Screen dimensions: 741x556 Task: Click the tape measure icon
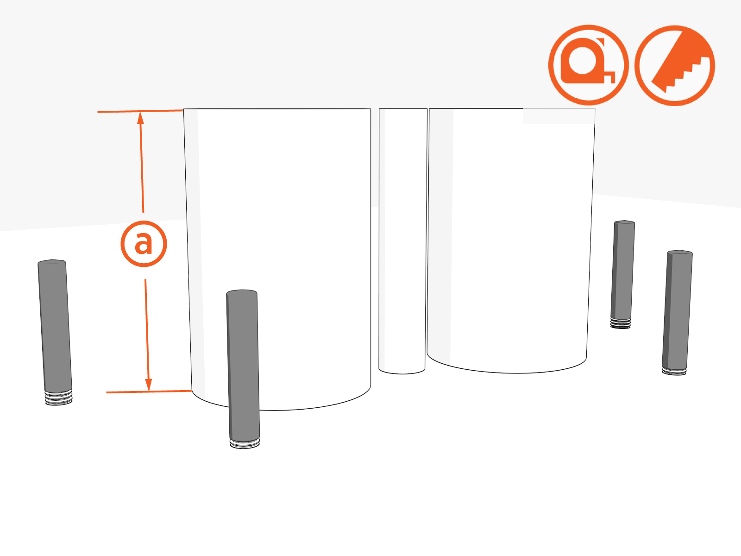pyautogui.click(x=589, y=65)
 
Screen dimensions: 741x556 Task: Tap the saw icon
pyautogui.click(x=675, y=65)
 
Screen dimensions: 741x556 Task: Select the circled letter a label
pyautogui.click(x=144, y=244)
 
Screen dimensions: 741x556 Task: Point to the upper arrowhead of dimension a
pyautogui.click(x=140, y=118)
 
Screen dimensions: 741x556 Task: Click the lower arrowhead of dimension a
pyautogui.click(x=149, y=385)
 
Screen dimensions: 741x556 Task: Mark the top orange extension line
pyautogui.click(x=140, y=111)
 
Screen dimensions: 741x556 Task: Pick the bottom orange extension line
pyautogui.click(x=149, y=392)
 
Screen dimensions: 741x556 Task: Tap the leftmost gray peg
pyautogui.click(x=55, y=333)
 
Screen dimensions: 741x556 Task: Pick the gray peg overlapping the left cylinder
pyautogui.click(x=243, y=369)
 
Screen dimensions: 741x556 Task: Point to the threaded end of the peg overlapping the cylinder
pyautogui.click(x=245, y=444)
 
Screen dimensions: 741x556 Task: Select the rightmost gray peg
pyautogui.click(x=677, y=313)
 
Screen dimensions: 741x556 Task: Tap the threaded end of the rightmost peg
pyautogui.click(x=674, y=372)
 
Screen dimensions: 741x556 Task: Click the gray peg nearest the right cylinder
pyautogui.click(x=622, y=274)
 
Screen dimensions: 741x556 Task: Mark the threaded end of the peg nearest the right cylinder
pyautogui.click(x=621, y=324)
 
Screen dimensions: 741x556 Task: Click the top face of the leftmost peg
pyautogui.click(x=52, y=262)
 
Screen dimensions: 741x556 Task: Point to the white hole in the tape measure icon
pyautogui.click(x=583, y=60)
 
